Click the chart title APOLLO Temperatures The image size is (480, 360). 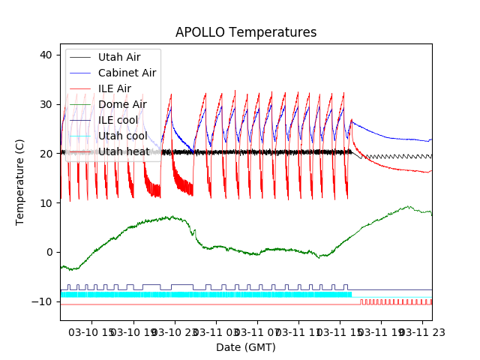click(x=246, y=32)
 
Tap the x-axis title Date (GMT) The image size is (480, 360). click(x=246, y=347)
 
